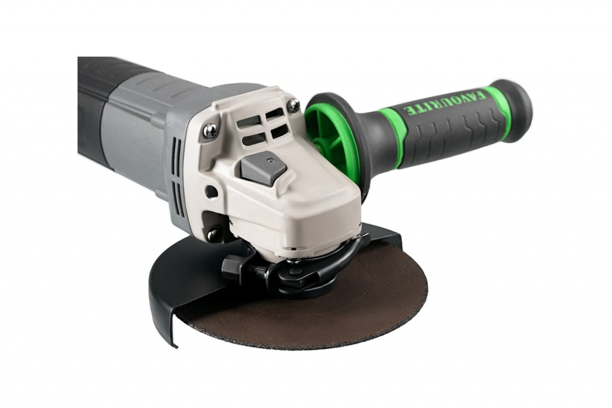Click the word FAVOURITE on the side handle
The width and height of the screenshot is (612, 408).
(444, 102)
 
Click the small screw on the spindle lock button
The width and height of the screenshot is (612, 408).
(269, 159)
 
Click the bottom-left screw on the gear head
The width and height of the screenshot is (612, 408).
(213, 234)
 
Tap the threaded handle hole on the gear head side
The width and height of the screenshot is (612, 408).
(211, 191)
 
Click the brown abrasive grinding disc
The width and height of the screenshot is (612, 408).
(312, 304)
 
